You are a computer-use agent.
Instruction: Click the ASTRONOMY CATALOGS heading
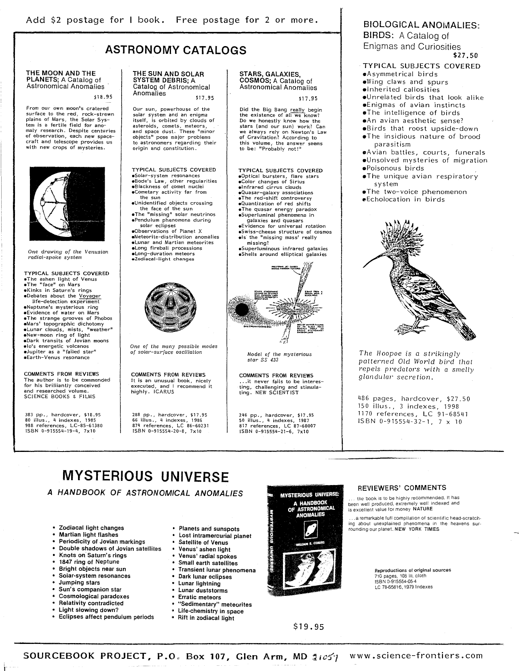[x=176, y=50]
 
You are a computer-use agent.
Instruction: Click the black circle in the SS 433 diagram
[x=241, y=310]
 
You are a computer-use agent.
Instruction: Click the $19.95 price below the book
[x=309, y=627]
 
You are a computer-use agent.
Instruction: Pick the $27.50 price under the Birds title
[x=465, y=56]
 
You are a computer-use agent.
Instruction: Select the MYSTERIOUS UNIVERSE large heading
[x=145, y=476]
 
